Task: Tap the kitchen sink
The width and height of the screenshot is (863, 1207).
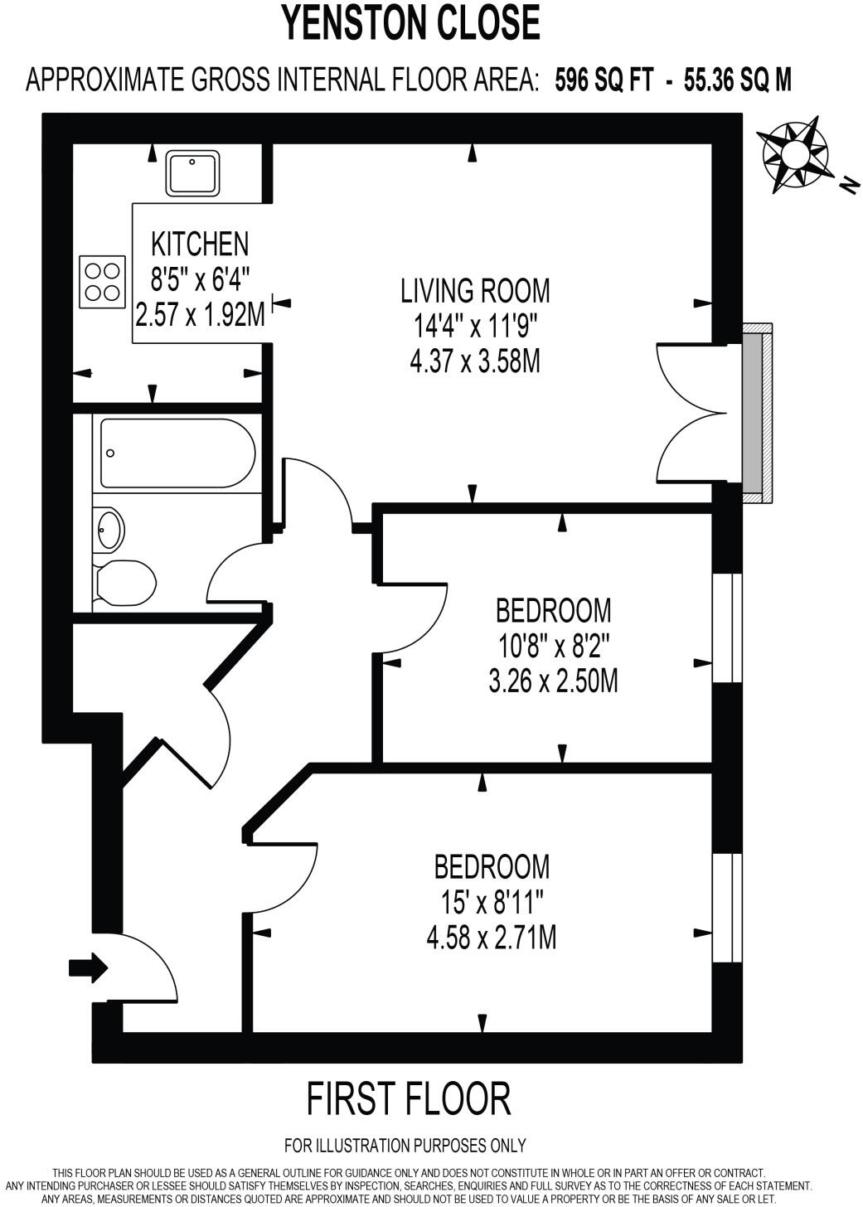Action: point(192,173)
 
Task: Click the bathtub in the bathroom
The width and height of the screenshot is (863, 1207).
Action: point(177,453)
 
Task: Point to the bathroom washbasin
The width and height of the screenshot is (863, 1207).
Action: point(109,529)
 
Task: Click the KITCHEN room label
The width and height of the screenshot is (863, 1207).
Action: point(200,244)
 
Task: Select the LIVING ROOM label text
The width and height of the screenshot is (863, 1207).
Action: point(475,291)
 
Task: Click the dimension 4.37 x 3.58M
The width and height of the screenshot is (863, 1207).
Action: point(475,361)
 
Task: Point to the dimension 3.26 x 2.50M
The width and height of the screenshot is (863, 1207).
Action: point(553,681)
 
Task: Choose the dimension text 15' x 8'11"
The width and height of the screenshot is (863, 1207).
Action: point(492,902)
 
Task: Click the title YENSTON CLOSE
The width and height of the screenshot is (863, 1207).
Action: point(411,22)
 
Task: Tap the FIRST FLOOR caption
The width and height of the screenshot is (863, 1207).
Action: point(409,1099)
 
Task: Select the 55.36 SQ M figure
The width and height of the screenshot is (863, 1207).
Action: point(737,80)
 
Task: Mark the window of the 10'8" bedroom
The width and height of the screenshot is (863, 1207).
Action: point(728,628)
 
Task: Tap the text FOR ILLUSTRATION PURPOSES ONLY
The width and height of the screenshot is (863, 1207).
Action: point(405,1146)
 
